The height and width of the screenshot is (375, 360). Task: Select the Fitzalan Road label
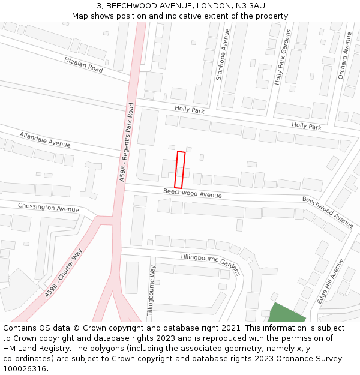click(x=83, y=65)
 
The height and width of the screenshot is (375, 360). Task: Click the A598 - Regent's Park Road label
click(x=127, y=142)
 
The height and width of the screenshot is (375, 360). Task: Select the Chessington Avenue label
click(x=48, y=207)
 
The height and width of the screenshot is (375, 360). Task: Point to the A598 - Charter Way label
click(x=62, y=274)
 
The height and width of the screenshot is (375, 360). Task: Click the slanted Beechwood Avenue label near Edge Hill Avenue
click(x=328, y=212)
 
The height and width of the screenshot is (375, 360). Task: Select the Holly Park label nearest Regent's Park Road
click(x=190, y=110)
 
